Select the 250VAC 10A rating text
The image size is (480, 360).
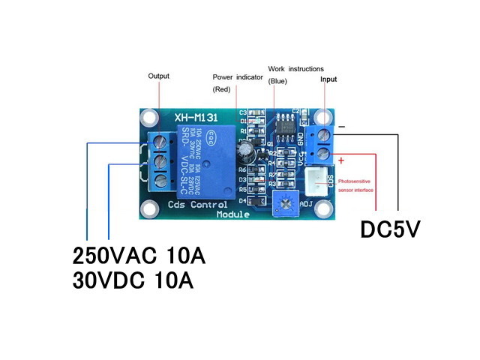[139, 256]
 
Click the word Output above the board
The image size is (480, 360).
[159, 76]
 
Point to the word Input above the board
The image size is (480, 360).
[328, 79]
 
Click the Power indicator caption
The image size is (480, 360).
[238, 77]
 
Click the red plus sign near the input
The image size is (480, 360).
[341, 160]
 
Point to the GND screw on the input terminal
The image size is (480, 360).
[323, 135]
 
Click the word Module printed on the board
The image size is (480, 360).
[235, 214]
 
